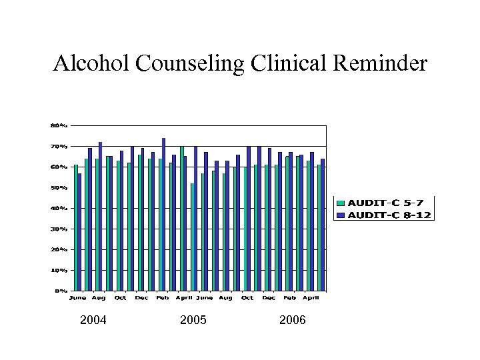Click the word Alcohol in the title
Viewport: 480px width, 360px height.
[93, 63]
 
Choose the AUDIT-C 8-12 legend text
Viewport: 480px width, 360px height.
[392, 215]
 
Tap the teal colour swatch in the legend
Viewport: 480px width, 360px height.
[341, 203]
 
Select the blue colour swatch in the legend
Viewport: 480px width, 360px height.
[341, 215]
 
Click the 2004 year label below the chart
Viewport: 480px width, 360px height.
[93, 321]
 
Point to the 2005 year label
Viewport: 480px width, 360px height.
[193, 321]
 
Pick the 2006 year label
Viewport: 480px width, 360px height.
[293, 321]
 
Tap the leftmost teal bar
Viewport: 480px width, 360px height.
[76, 227]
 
